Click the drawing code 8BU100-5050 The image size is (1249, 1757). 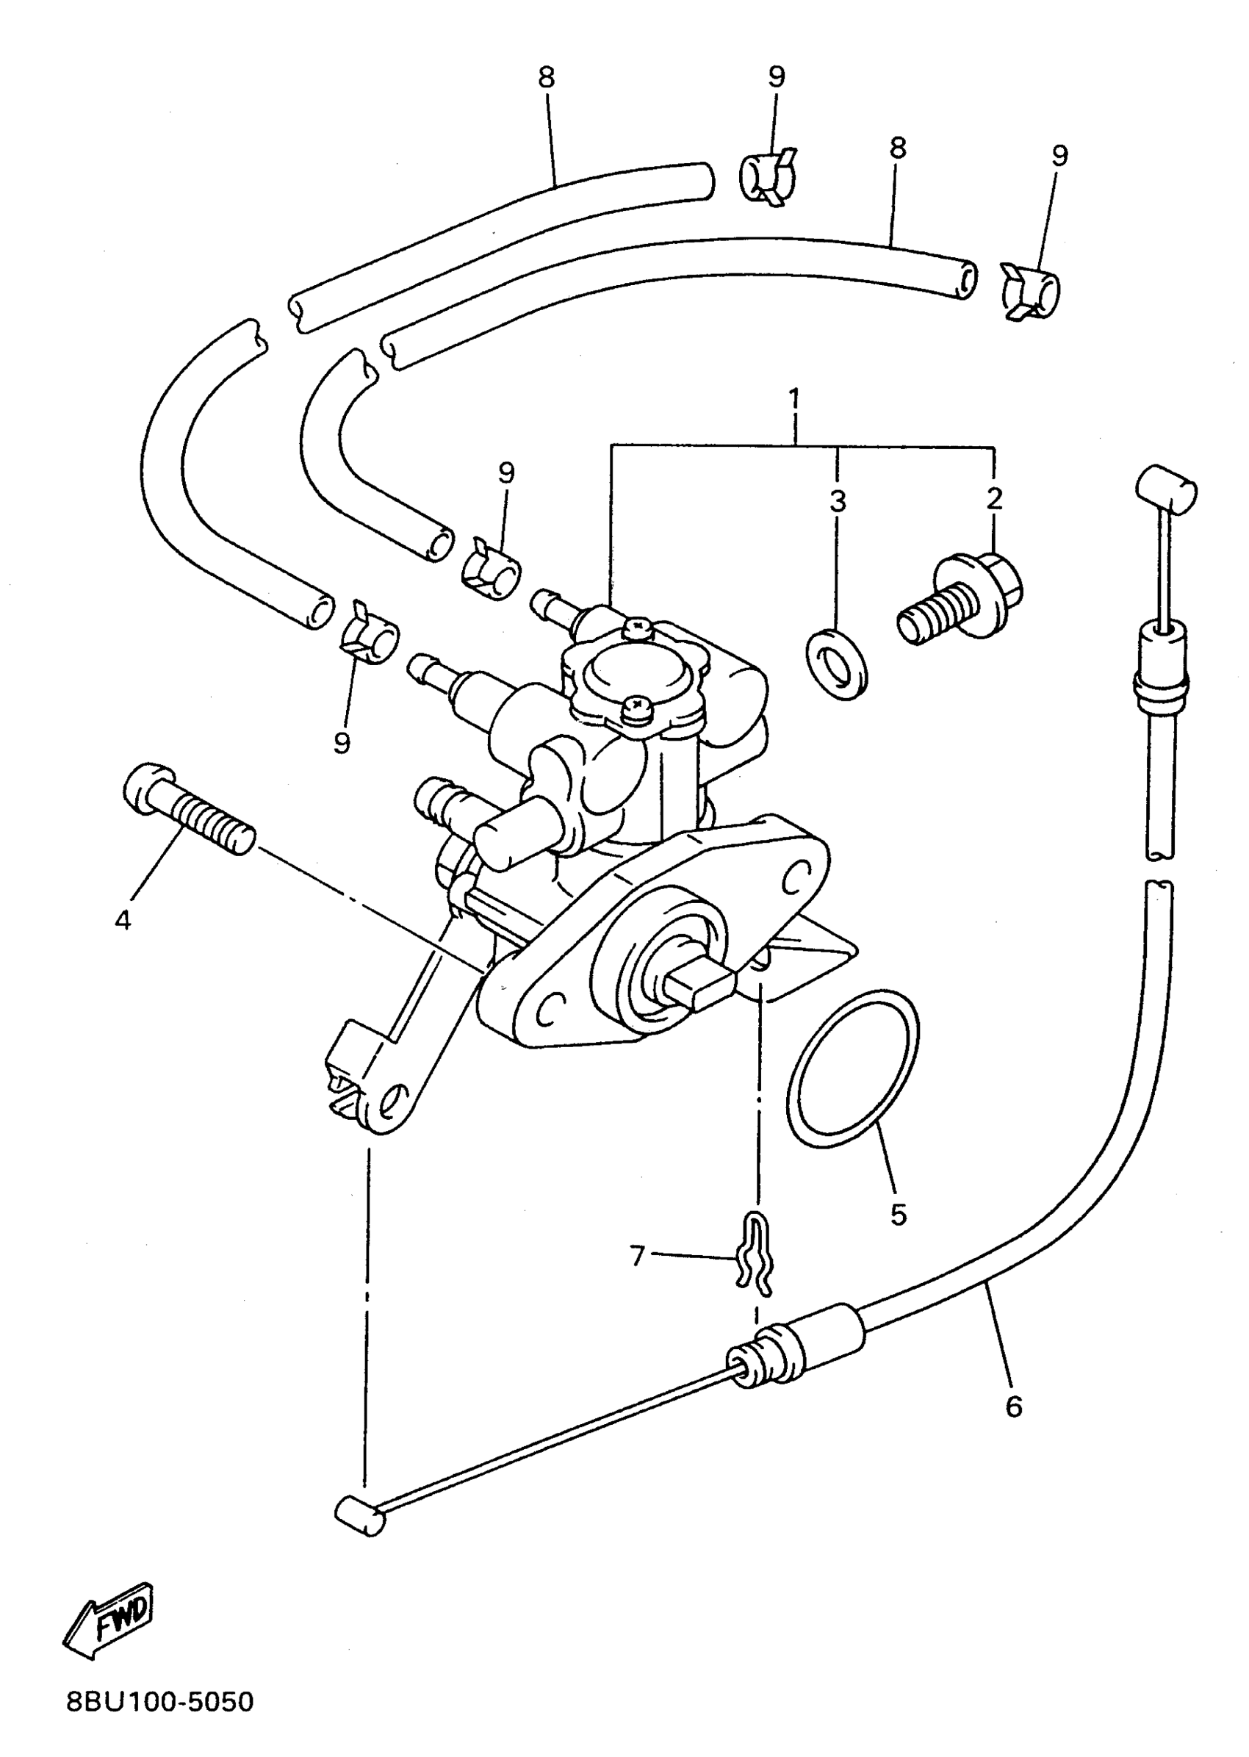tap(160, 1723)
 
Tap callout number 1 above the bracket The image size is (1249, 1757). tap(794, 400)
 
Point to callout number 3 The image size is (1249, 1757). tap(838, 500)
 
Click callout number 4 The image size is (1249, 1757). tap(123, 919)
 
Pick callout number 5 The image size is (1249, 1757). tap(899, 1215)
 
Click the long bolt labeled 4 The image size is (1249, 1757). tap(188, 810)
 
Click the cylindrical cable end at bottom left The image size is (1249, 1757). tap(359, 1516)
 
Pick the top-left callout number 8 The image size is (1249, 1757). tap(546, 78)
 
